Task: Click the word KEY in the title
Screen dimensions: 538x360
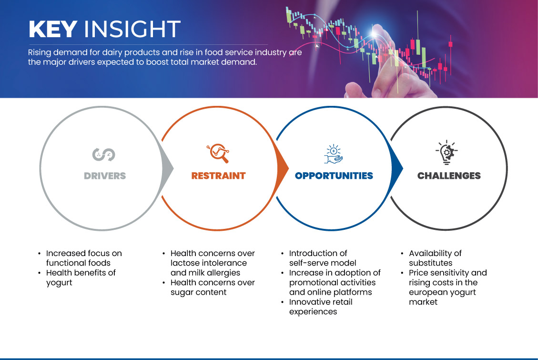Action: (53, 29)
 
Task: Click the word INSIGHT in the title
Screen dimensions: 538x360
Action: (132, 29)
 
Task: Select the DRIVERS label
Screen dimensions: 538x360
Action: (105, 176)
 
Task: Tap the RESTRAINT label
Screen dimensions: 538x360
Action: (219, 176)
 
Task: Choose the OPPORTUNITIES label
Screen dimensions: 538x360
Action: (334, 176)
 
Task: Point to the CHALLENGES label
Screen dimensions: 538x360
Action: (449, 176)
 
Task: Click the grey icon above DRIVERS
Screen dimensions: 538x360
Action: (103, 154)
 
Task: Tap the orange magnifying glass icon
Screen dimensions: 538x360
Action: (218, 153)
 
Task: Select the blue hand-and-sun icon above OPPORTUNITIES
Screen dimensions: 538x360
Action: (334, 154)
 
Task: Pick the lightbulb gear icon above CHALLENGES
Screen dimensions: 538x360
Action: (447, 153)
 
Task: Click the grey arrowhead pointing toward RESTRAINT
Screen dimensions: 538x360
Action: (167, 168)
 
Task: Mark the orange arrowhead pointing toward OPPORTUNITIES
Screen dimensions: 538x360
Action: (283, 168)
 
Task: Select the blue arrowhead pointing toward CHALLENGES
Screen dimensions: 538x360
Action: (397, 168)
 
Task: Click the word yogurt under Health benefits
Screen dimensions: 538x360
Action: (60, 283)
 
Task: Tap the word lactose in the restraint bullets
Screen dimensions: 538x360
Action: (184, 263)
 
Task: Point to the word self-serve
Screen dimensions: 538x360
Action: (308, 263)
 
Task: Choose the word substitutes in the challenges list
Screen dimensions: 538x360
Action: (431, 263)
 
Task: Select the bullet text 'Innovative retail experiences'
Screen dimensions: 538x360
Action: (321, 307)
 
